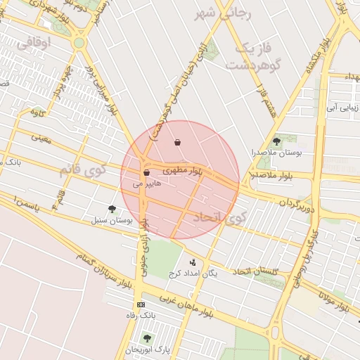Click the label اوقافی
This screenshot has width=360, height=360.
pyautogui.click(x=33, y=43)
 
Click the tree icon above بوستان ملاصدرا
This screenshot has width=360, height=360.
pyautogui.click(x=276, y=141)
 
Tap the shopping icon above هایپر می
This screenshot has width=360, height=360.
pyautogui.click(x=146, y=173)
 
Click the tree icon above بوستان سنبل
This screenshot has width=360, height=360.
pyautogui.click(x=112, y=208)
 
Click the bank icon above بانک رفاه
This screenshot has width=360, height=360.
pyautogui.click(x=141, y=304)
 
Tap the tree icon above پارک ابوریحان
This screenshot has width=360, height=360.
pyautogui.click(x=146, y=338)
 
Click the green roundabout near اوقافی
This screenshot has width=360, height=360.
pyautogui.click(x=79, y=43)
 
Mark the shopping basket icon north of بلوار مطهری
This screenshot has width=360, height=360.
pyautogui.click(x=177, y=143)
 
